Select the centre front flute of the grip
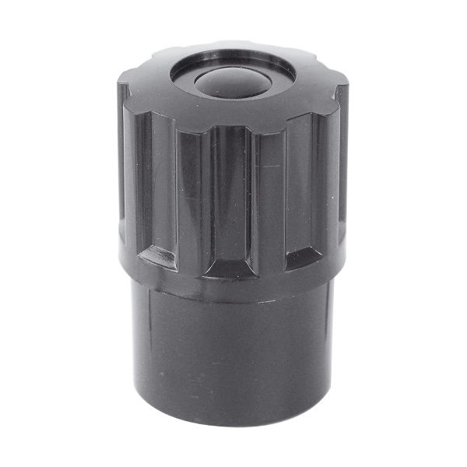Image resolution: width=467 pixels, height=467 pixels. coord(232,195)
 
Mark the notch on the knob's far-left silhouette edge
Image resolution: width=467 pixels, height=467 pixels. coord(122,86)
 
